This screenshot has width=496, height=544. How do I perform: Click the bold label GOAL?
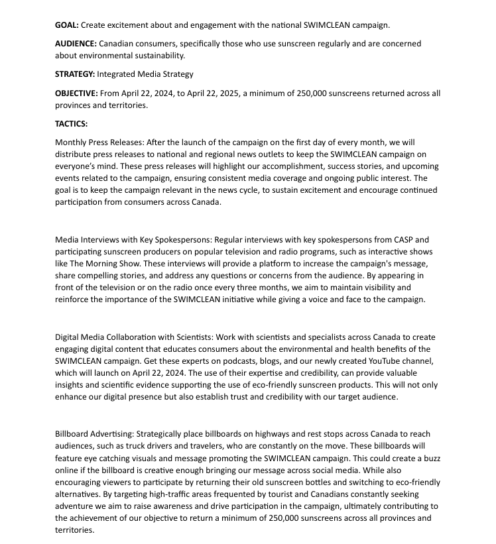pyautogui.click(x=66, y=25)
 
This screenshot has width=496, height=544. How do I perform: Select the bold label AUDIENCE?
pyautogui.click(x=76, y=43)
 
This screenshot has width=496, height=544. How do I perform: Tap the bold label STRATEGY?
pyautogui.click(x=75, y=74)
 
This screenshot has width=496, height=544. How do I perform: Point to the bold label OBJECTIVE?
pyautogui.click(x=76, y=93)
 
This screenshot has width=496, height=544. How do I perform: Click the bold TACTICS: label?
pyautogui.click(x=71, y=123)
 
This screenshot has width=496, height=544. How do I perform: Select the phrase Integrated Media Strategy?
pyautogui.click(x=145, y=74)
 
